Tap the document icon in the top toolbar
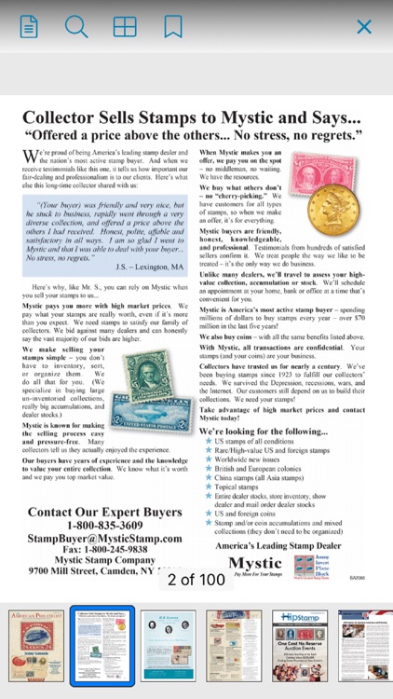tap(29, 27)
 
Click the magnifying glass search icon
tap(76, 27)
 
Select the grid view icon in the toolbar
tap(125, 27)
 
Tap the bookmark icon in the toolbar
tap(173, 27)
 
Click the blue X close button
tap(364, 27)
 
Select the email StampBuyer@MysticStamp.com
tap(104, 539)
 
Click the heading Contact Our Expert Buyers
tap(104, 513)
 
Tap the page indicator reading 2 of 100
tap(196, 580)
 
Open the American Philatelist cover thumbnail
tap(35, 645)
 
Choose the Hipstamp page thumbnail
tap(303, 645)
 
